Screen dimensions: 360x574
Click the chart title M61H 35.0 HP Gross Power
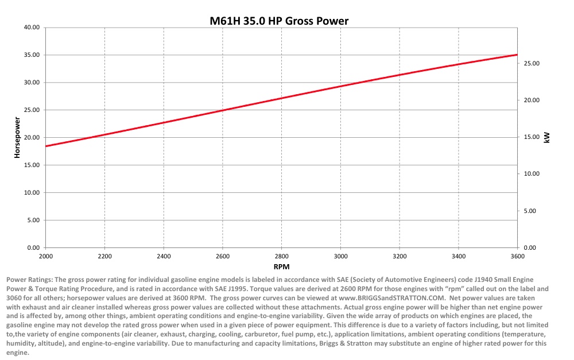point(279,21)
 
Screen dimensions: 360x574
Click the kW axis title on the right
point(546,138)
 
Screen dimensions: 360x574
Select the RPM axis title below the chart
point(281,267)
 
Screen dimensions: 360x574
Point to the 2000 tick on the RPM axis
point(45,256)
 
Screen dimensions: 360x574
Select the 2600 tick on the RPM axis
point(223,256)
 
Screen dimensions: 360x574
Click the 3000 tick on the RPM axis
point(341,256)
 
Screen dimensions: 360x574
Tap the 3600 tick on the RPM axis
point(518,256)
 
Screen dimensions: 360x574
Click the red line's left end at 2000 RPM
point(46,146)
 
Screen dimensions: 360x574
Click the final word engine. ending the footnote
point(17,353)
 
